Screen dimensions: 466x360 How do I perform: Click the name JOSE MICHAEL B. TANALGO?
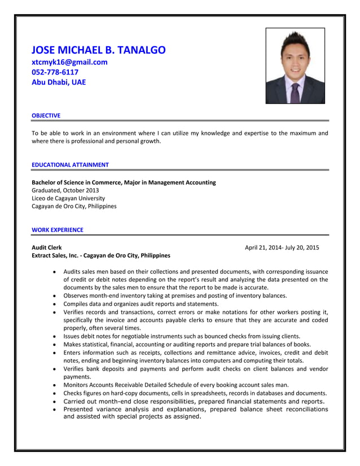[x=98, y=50]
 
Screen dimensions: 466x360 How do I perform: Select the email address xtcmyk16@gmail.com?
[x=69, y=62]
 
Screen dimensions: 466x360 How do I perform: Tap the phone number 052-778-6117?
[x=55, y=72]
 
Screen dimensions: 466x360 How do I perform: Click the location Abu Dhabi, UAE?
[x=59, y=82]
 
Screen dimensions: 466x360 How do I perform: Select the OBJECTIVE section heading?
[x=46, y=116]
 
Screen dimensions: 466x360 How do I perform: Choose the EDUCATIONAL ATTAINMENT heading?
[x=70, y=165]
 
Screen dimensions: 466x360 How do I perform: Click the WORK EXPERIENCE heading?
[x=57, y=230]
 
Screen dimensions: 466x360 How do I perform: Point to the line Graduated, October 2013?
[x=65, y=190]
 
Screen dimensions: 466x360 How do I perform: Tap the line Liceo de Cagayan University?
[x=68, y=198]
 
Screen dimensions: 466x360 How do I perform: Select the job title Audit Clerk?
[x=47, y=247]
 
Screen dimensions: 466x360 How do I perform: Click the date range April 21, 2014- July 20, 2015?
[x=282, y=247]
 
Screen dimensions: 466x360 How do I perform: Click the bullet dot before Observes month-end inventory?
[x=54, y=296]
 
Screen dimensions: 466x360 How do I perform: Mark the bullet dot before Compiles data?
[x=54, y=304]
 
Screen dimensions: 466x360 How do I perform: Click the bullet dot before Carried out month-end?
[x=54, y=402]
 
